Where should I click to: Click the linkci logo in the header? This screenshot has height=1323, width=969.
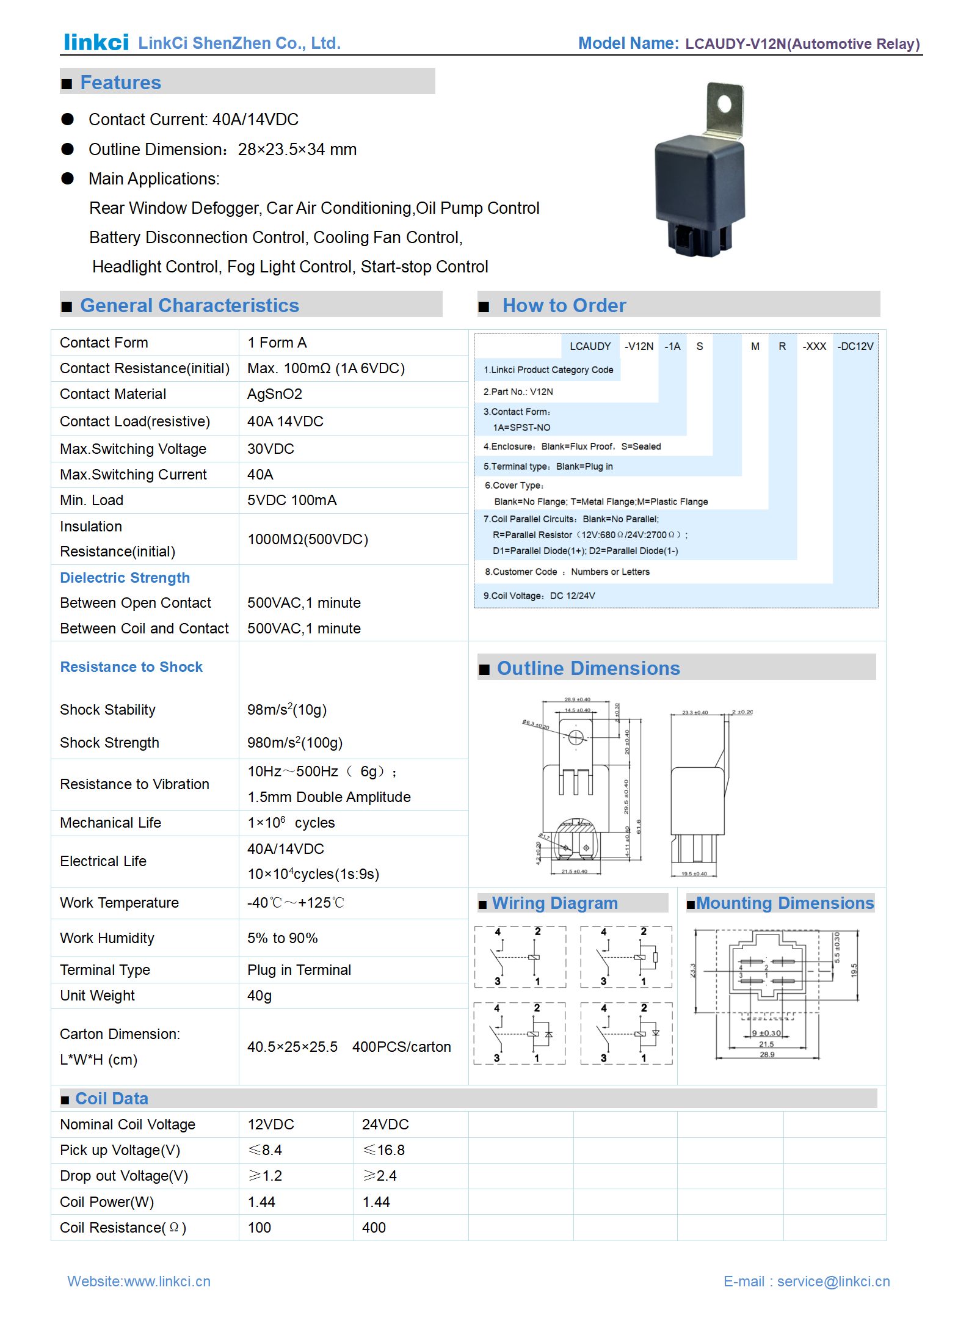click(96, 42)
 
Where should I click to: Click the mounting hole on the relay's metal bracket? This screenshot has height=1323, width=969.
click(724, 104)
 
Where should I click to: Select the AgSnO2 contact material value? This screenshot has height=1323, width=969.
click(274, 394)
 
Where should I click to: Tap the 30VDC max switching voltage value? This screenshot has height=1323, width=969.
click(270, 449)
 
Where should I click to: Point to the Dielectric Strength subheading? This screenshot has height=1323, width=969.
click(125, 578)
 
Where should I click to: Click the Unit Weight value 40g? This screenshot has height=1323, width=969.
click(259, 996)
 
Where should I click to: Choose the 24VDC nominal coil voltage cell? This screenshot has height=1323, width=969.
click(385, 1124)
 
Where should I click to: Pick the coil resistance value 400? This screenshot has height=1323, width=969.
click(374, 1228)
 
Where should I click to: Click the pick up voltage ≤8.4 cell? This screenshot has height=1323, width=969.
click(265, 1150)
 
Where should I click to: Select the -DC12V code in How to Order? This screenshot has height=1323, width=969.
click(855, 346)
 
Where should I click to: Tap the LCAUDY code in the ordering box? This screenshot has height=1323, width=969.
click(590, 346)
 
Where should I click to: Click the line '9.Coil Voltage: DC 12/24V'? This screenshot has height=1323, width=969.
click(539, 596)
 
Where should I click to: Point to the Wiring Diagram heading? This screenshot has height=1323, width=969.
click(554, 903)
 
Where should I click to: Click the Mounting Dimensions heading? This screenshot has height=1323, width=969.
click(785, 903)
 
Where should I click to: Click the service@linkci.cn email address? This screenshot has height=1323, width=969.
click(833, 1281)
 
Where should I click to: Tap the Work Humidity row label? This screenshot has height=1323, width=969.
click(107, 938)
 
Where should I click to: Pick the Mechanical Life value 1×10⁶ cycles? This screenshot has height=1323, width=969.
click(291, 823)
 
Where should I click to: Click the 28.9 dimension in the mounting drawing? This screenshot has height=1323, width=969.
click(767, 1055)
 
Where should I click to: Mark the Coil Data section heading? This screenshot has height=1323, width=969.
click(112, 1099)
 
